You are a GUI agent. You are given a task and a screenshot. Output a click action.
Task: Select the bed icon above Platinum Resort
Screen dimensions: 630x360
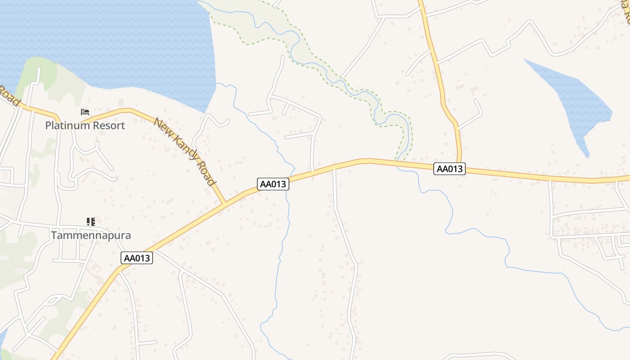point(85,112)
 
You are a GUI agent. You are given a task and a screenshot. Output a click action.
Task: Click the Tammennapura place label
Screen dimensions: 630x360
point(91,235)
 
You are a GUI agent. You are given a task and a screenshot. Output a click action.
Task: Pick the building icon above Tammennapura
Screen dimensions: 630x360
point(91,221)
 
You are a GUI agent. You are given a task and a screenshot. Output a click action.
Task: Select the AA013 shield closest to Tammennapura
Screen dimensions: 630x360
point(137,258)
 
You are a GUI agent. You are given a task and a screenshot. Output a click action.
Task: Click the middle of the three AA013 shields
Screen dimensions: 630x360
point(273,184)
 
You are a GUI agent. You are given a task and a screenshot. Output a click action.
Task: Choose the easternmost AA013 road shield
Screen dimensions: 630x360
point(450,169)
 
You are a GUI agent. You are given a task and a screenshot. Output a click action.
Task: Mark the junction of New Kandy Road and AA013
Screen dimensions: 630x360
point(224,203)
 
